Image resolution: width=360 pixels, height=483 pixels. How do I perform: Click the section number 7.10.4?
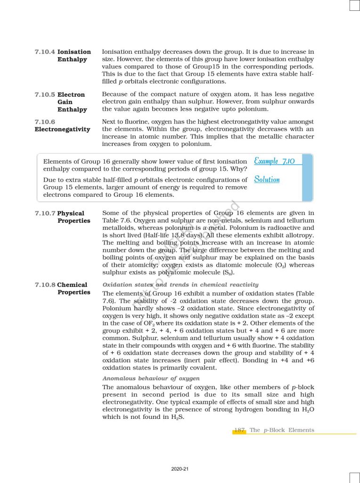tap(45, 52)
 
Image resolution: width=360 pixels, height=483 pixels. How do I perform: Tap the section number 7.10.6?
tap(45, 122)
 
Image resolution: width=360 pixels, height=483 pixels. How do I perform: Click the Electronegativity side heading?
tap(62, 129)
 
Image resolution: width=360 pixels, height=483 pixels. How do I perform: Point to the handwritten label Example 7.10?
tap(274, 161)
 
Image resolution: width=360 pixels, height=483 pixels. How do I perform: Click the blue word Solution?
tap(267, 179)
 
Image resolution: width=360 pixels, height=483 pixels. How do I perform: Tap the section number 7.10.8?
tap(45, 285)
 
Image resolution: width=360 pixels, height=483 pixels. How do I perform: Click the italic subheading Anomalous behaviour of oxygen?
tap(151, 378)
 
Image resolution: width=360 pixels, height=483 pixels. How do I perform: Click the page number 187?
tap(239, 430)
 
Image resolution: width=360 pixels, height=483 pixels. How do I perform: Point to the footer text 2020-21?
tap(180, 469)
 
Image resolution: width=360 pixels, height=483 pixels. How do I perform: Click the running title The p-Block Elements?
tap(282, 430)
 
